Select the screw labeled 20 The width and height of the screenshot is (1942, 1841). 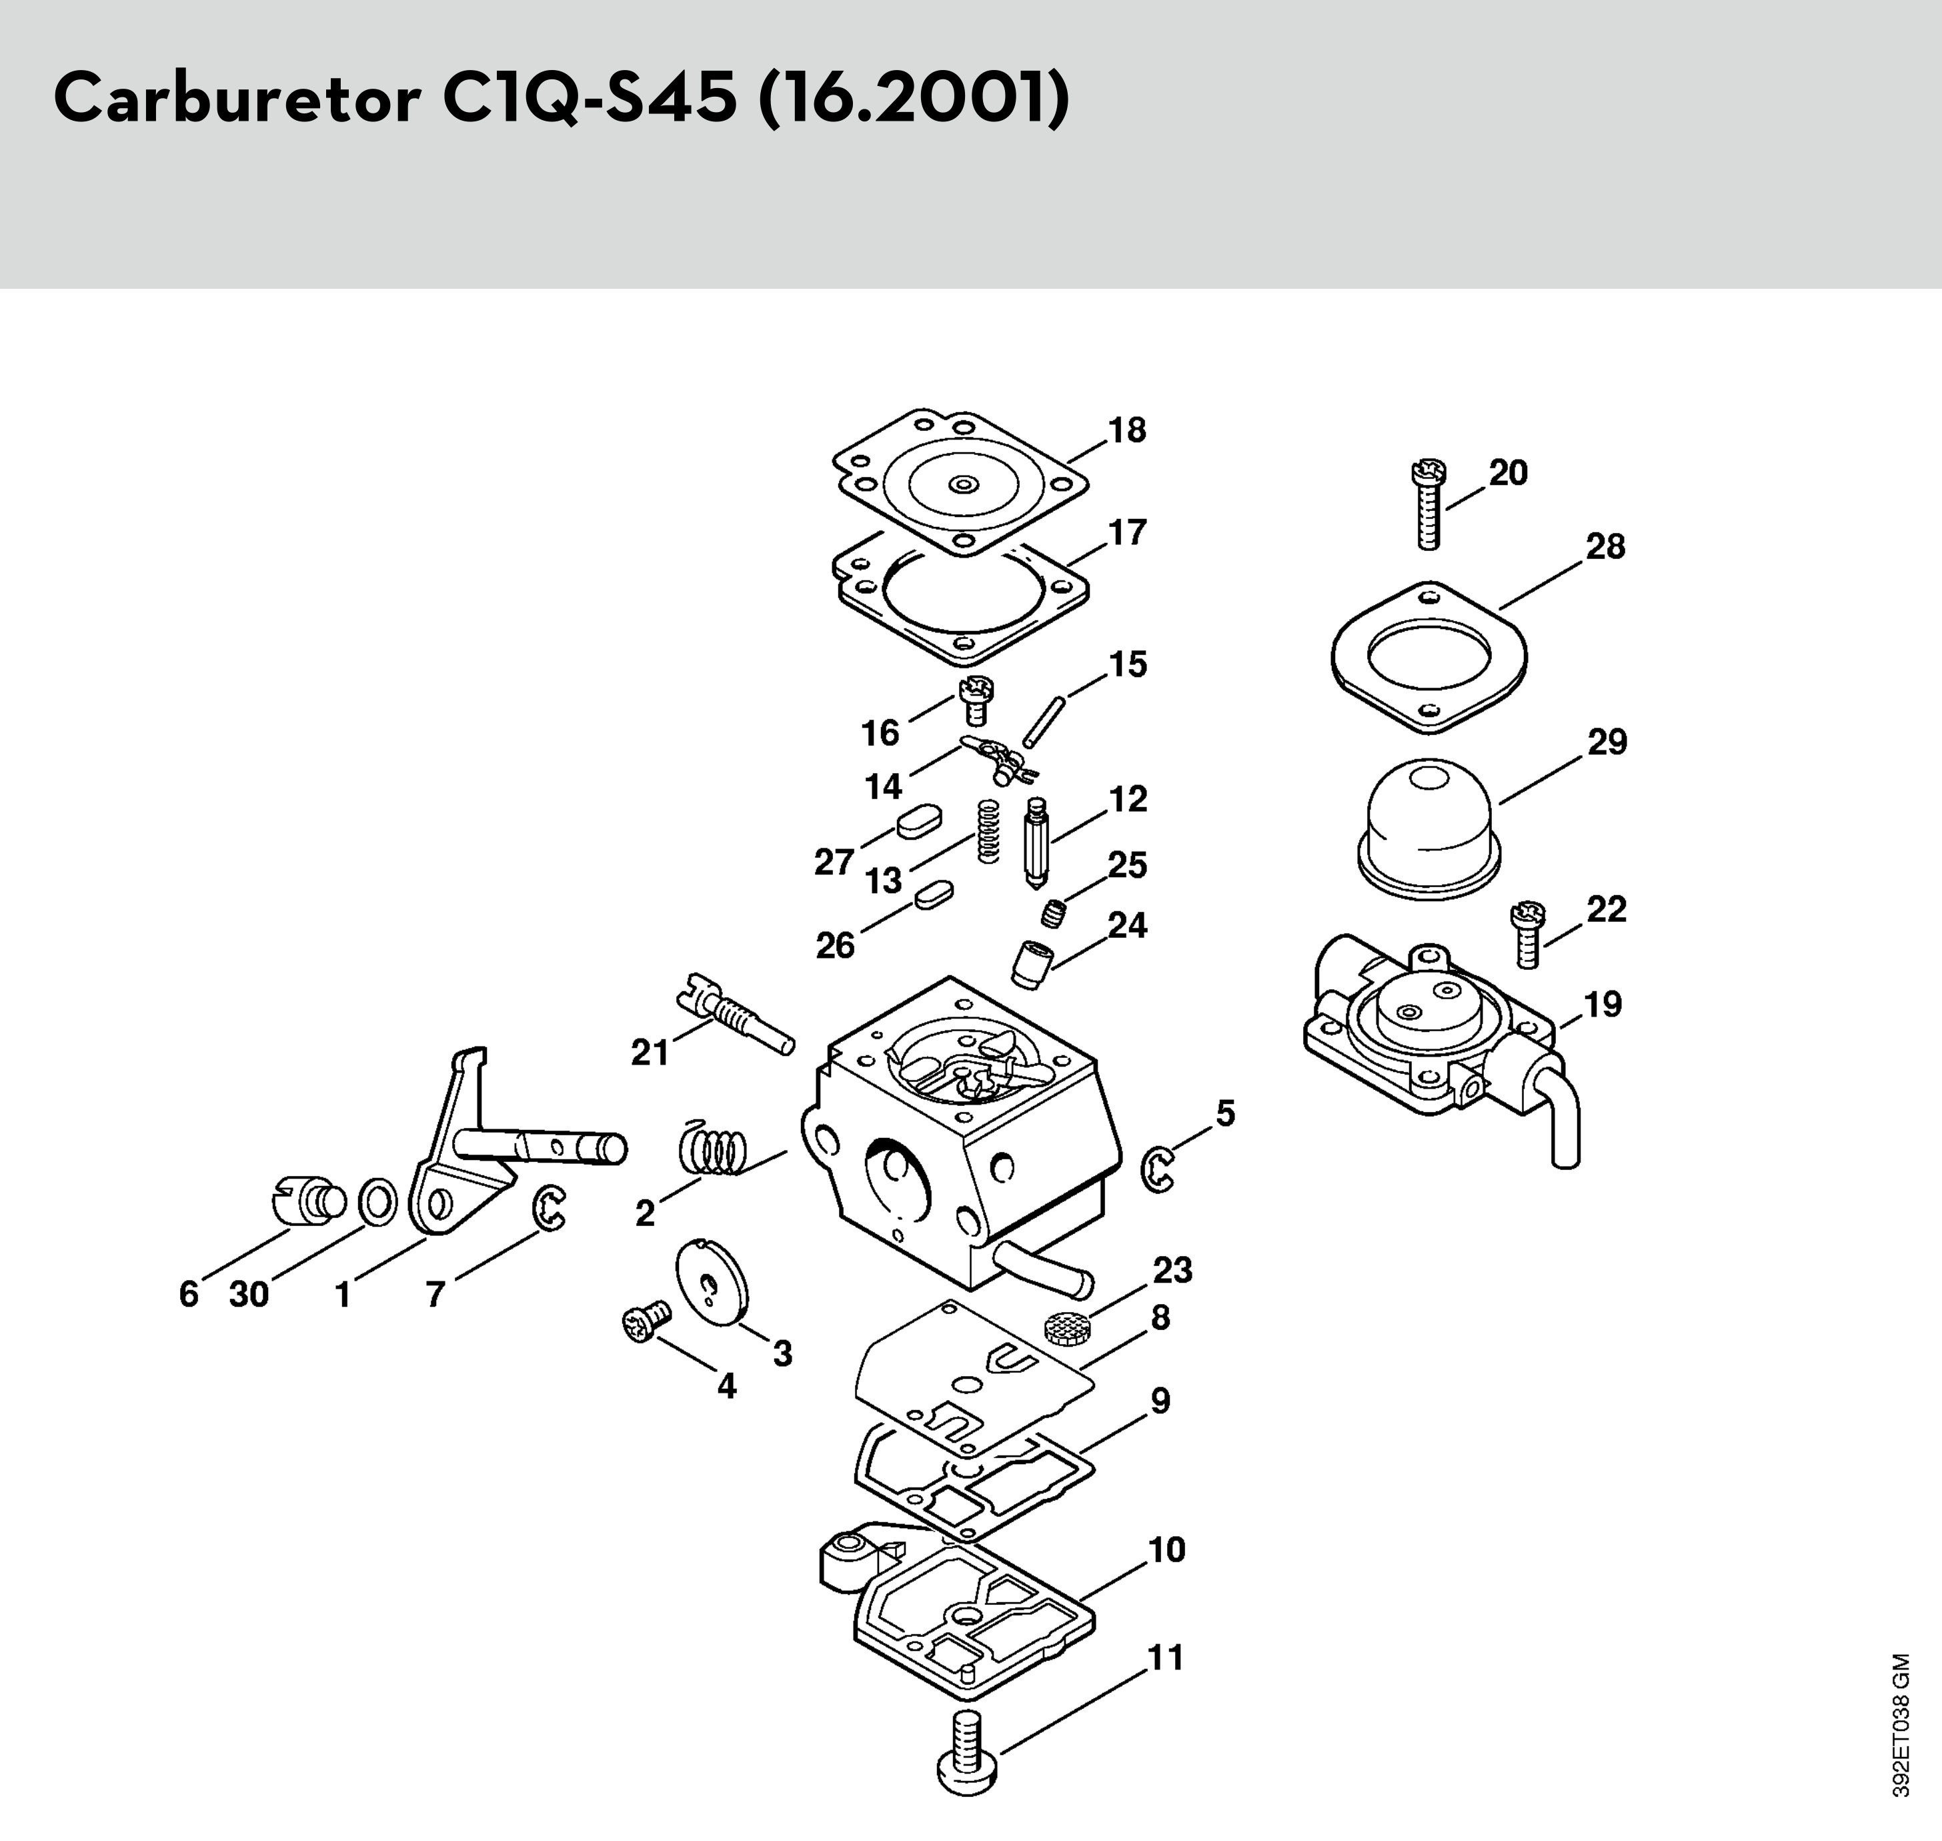pos(1428,504)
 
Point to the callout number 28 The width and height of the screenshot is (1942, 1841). pos(1605,546)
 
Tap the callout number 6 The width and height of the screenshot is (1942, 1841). pos(189,1295)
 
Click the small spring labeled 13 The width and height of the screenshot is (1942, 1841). pos(989,831)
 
